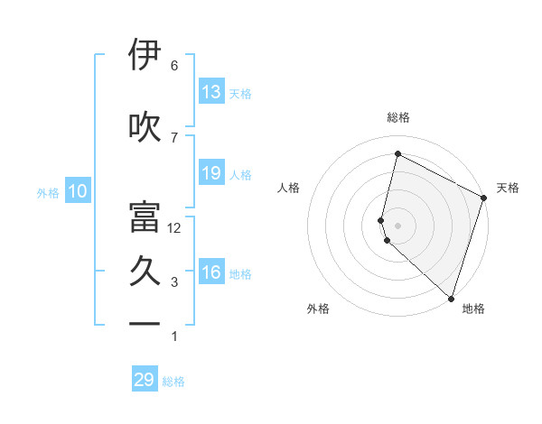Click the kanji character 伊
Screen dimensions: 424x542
tap(145, 56)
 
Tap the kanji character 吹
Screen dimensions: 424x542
tap(145, 127)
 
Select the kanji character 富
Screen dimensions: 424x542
tap(145, 216)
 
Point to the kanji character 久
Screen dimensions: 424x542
tap(145, 272)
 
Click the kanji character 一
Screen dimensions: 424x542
tap(145, 323)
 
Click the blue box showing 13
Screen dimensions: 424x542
tap(211, 92)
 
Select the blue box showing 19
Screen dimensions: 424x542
tap(211, 173)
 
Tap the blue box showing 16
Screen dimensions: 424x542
tap(211, 272)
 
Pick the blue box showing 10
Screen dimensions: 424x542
tap(78, 191)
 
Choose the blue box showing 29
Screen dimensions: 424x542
tap(145, 380)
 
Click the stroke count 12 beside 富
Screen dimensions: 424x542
tap(174, 228)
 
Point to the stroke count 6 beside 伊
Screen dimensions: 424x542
tap(174, 66)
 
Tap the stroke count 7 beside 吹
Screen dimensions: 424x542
tap(174, 137)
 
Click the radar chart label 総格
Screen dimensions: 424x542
tap(398, 117)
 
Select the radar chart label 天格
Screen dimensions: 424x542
tap(508, 188)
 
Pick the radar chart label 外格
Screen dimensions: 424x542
tap(318, 309)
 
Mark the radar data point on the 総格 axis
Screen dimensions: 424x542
tap(397, 154)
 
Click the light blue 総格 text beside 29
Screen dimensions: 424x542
tap(173, 382)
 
